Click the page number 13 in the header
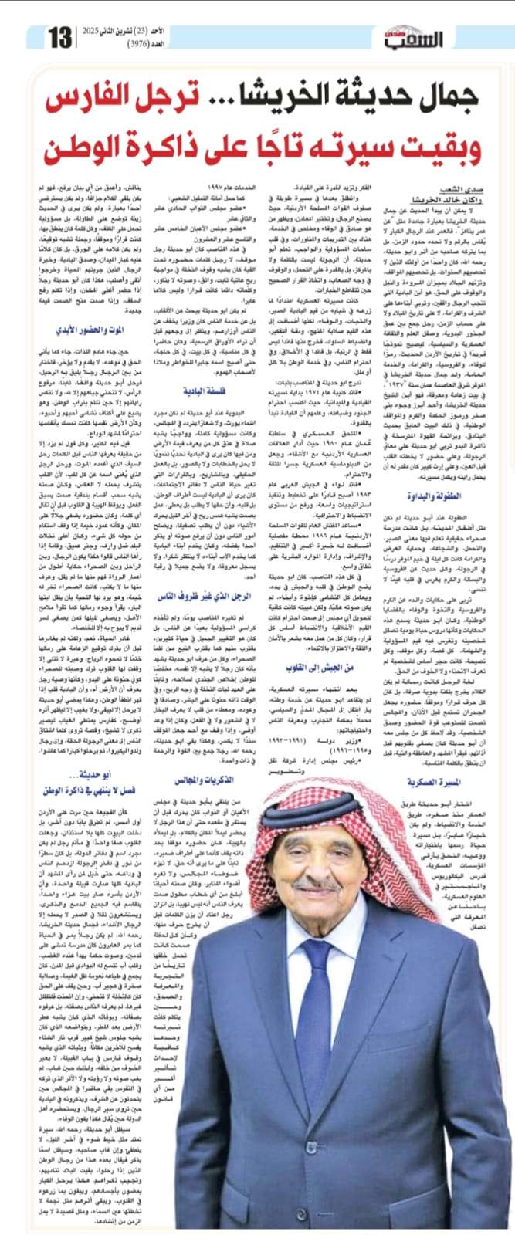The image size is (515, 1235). point(60,36)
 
